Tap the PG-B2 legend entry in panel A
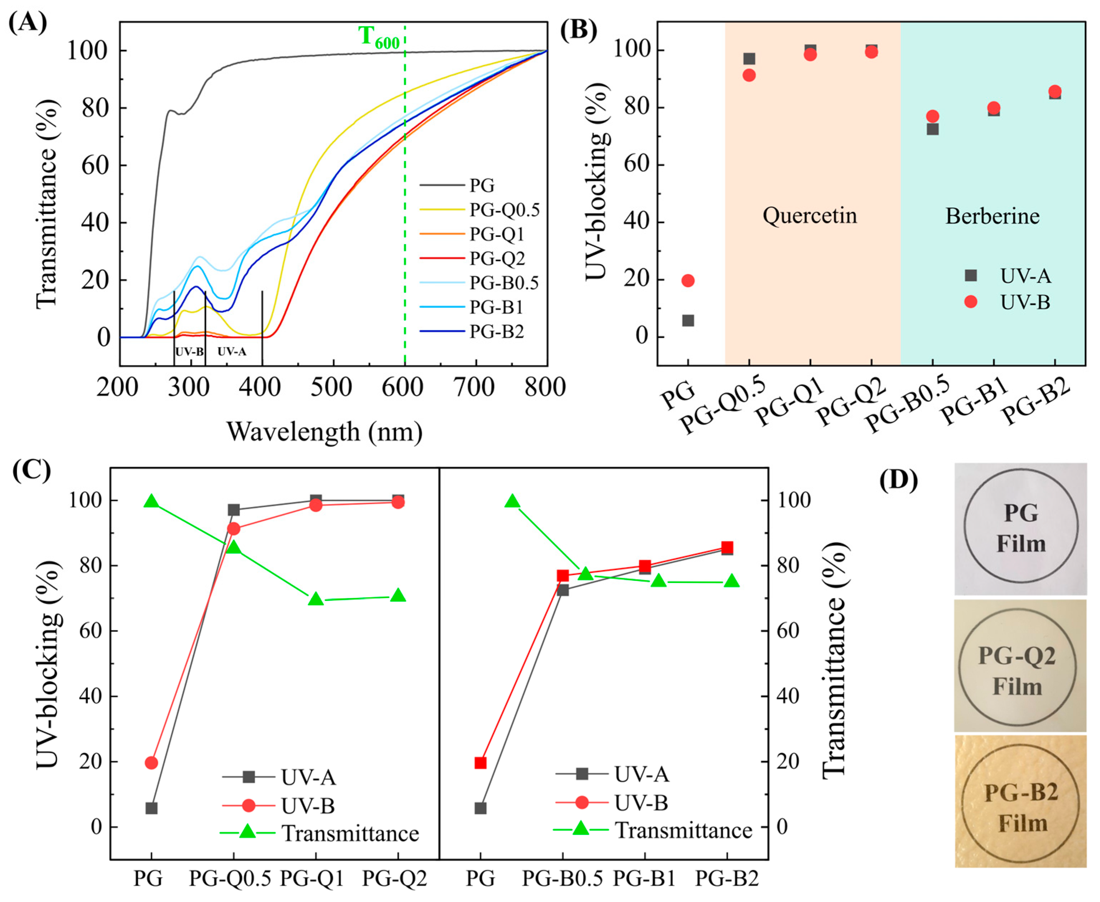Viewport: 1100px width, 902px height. click(x=496, y=331)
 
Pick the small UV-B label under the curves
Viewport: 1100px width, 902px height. click(x=189, y=352)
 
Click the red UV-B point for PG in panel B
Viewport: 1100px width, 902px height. click(x=688, y=281)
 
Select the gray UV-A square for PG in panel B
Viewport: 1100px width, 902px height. click(x=688, y=321)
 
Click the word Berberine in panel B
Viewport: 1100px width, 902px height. click(x=992, y=216)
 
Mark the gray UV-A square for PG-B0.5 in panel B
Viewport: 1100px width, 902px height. click(x=932, y=129)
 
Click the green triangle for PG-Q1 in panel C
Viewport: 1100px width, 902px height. click(x=316, y=600)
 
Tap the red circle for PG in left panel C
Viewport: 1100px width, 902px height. click(x=151, y=763)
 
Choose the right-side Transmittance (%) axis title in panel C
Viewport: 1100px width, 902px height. click(x=834, y=660)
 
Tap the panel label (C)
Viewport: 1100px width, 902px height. click(x=32, y=470)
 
